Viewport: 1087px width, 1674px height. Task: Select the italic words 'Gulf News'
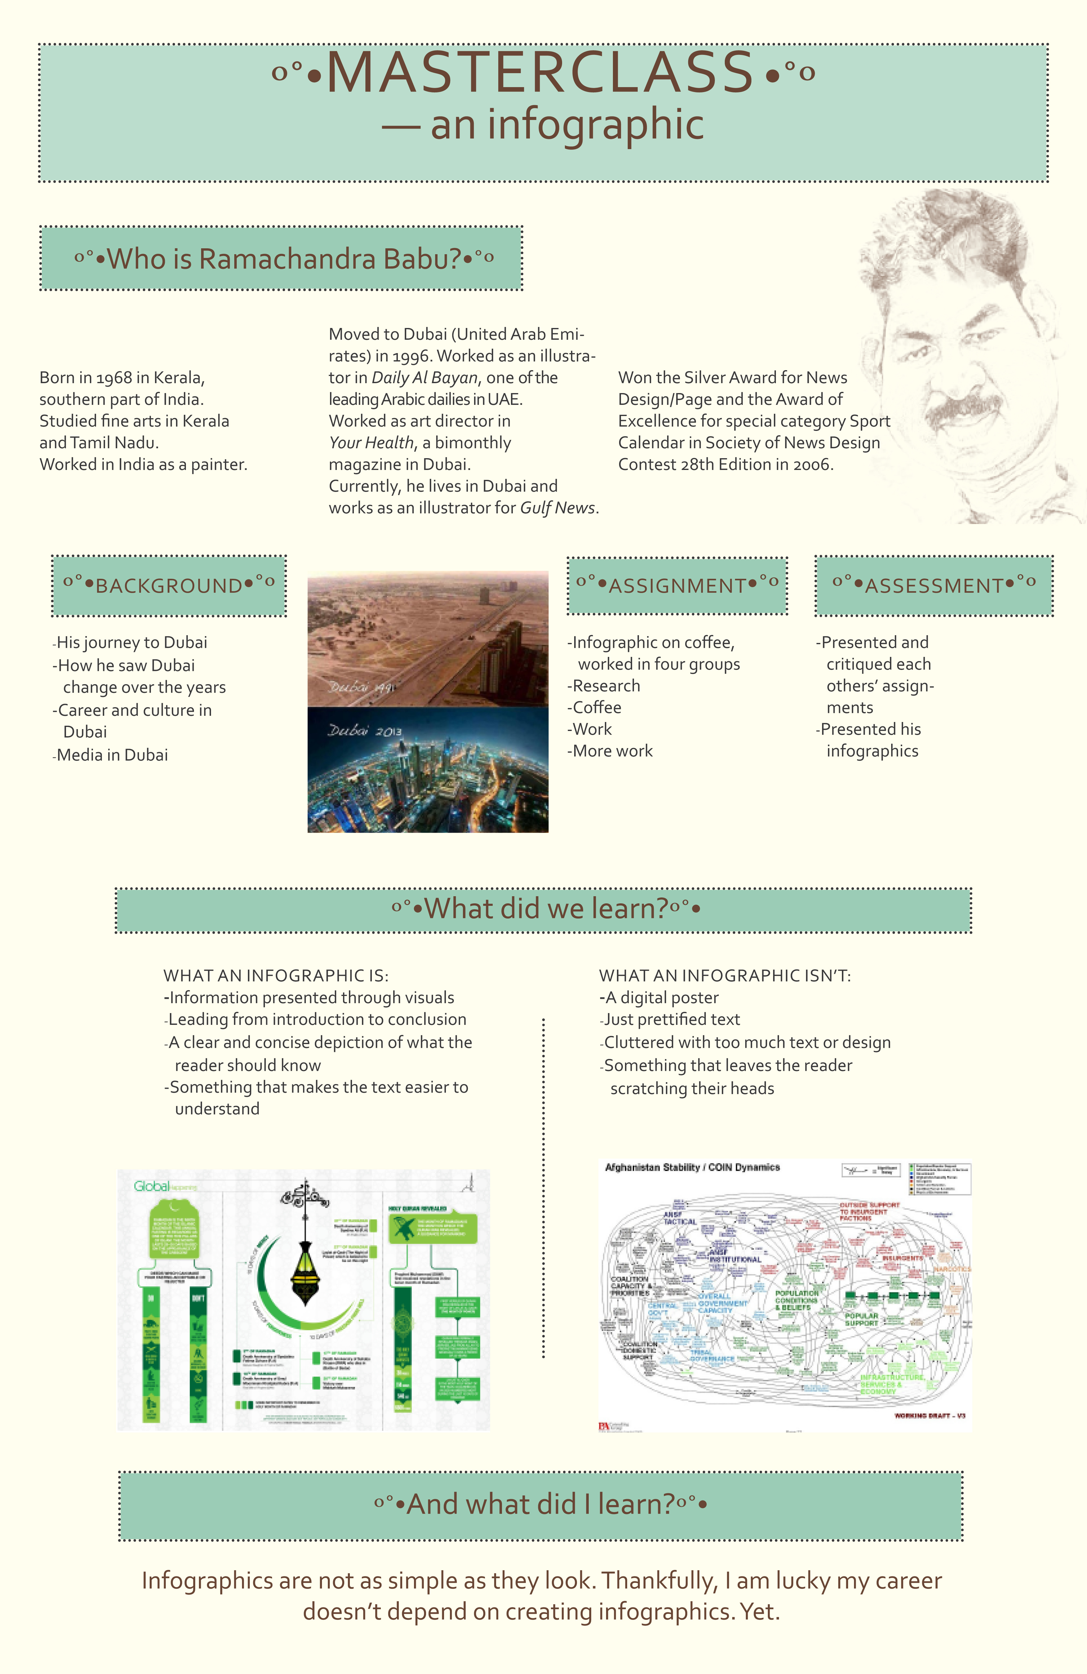pyautogui.click(x=557, y=508)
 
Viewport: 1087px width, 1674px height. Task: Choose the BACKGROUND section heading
pyautogui.click(x=169, y=586)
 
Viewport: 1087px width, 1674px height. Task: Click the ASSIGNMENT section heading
pyautogui.click(x=677, y=586)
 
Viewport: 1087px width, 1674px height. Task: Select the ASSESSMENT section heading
pyautogui.click(x=934, y=586)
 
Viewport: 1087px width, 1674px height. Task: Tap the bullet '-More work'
pyautogui.click(x=610, y=751)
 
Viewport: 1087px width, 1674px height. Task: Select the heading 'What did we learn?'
pyautogui.click(x=546, y=909)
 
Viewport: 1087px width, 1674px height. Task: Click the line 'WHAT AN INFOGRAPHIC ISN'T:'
pyautogui.click(x=725, y=976)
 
